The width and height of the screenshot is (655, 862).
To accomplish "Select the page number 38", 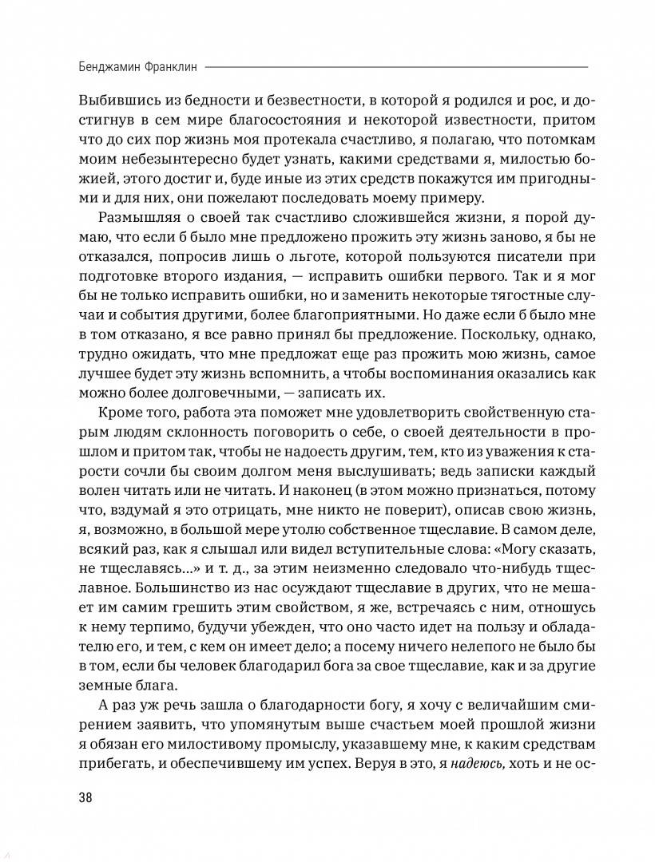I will (x=85, y=797).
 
